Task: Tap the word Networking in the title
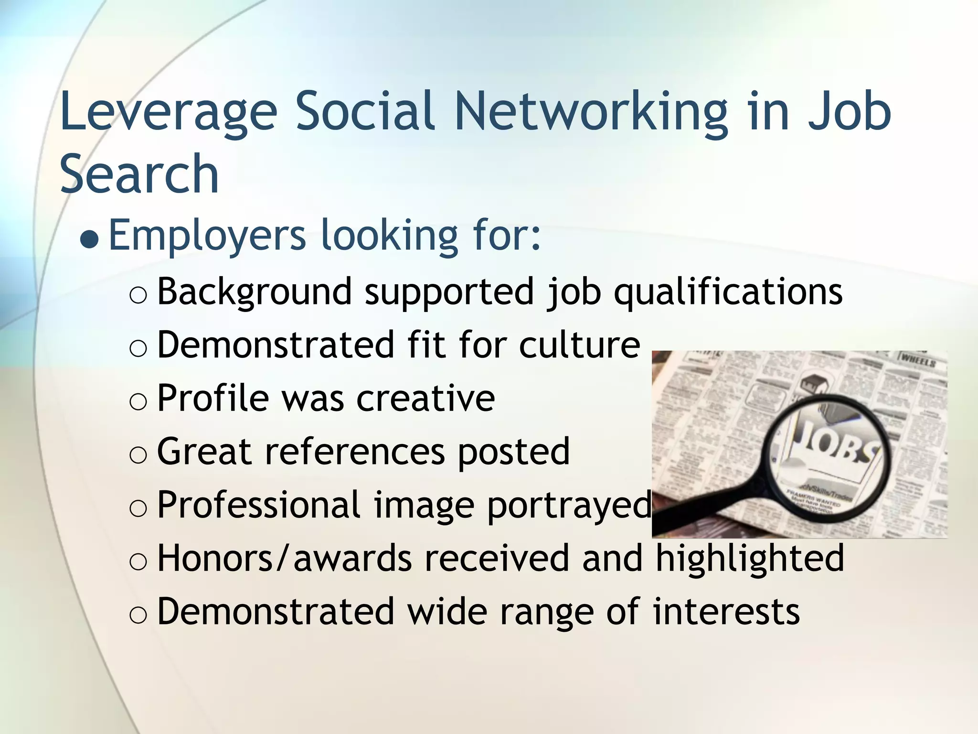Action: (591, 113)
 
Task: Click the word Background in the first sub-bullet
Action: (255, 291)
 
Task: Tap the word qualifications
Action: (728, 291)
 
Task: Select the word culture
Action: (579, 344)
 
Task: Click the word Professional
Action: (259, 505)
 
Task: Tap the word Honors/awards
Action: (285, 558)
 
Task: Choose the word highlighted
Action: (750, 558)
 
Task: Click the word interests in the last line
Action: (726, 611)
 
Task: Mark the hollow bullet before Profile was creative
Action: (138, 402)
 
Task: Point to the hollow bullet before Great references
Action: (138, 455)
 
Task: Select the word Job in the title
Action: (850, 113)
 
